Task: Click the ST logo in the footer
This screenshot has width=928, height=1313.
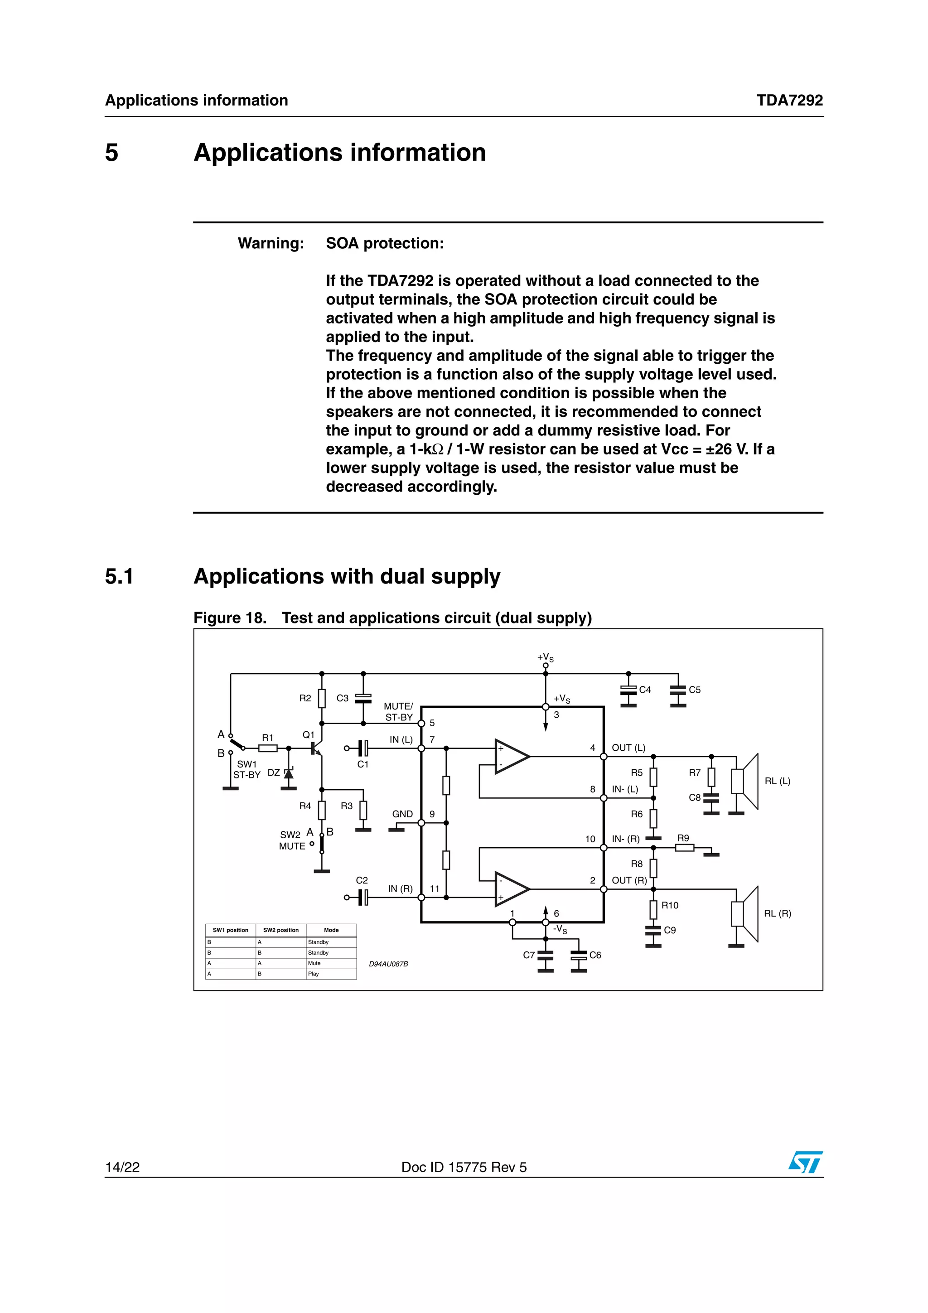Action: [x=805, y=1163]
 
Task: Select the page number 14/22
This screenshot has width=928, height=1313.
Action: [x=122, y=1167]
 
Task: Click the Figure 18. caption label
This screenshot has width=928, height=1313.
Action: [x=230, y=618]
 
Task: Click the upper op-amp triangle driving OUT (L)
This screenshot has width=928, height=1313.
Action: [x=511, y=757]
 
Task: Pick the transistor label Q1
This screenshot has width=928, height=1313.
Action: [x=308, y=735]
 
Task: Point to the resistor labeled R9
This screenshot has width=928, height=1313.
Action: [x=684, y=848]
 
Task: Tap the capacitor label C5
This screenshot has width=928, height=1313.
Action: [x=694, y=690]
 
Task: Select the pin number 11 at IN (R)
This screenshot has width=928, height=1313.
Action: [x=435, y=888]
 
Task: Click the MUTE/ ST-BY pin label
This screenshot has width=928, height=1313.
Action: [x=399, y=711]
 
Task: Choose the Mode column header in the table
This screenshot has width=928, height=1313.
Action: [x=331, y=930]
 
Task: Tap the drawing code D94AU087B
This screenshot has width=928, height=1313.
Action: [x=388, y=964]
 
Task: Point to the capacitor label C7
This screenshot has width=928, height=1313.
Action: [x=528, y=955]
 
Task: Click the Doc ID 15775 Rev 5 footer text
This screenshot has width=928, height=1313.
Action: [x=464, y=1167]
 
